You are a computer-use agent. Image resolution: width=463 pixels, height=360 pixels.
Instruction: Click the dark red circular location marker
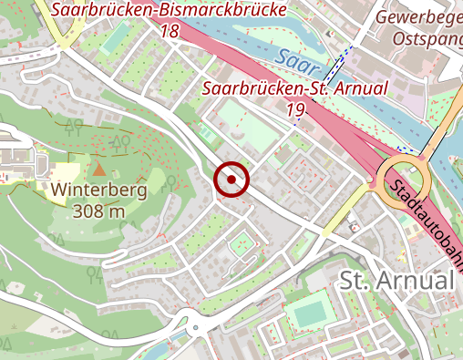(231, 180)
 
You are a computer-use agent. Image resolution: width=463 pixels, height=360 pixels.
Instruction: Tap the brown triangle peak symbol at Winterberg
(98, 169)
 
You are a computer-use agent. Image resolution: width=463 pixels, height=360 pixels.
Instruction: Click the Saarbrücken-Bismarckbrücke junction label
(168, 11)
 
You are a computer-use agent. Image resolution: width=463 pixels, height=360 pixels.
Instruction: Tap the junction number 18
(168, 31)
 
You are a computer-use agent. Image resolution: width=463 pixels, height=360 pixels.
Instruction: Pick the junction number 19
(294, 109)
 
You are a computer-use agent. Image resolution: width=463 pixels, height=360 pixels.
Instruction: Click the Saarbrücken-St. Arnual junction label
(294, 88)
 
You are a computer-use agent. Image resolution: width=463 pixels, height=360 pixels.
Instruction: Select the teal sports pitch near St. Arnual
(308, 313)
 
